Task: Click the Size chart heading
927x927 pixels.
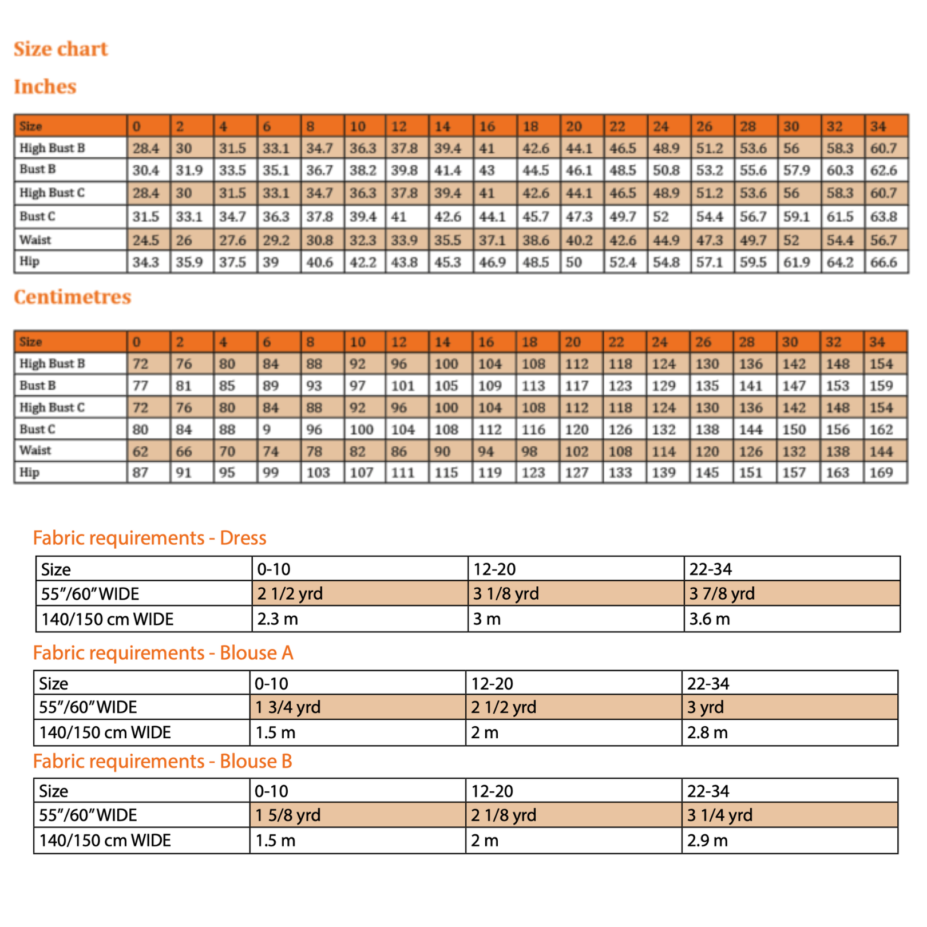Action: point(61,49)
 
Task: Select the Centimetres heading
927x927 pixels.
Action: point(73,297)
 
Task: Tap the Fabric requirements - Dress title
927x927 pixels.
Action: point(149,538)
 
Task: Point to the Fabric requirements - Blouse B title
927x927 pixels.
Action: point(163,761)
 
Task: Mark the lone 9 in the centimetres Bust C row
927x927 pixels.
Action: point(267,429)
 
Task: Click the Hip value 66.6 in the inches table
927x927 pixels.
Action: point(884,263)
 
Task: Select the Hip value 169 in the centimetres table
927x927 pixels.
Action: point(881,473)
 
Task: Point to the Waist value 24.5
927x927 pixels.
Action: point(146,240)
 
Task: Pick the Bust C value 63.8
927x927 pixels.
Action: point(884,217)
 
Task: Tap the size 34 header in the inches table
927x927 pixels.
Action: point(878,126)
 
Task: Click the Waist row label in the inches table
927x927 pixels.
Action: point(35,240)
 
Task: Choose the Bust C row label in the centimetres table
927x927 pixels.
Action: point(38,429)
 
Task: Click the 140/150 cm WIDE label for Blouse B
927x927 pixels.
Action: point(105,841)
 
